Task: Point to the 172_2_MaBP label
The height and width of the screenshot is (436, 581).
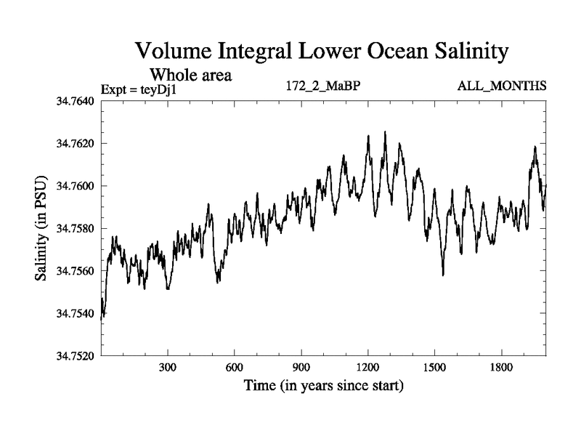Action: pyautogui.click(x=324, y=86)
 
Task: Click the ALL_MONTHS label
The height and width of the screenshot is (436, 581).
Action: pyautogui.click(x=501, y=86)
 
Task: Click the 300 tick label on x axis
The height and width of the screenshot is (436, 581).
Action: pyautogui.click(x=168, y=368)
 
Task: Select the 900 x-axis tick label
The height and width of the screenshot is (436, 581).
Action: pyautogui.click(x=301, y=368)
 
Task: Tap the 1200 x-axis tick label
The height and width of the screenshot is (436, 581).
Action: pyautogui.click(x=368, y=368)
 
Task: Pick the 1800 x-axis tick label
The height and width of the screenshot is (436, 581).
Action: pyautogui.click(x=501, y=368)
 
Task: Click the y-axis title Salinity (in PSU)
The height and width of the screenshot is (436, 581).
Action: pyautogui.click(x=41, y=228)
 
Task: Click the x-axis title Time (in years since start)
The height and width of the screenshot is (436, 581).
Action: pyautogui.click(x=323, y=385)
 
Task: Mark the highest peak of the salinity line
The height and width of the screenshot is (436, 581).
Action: pyautogui.click(x=385, y=132)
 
